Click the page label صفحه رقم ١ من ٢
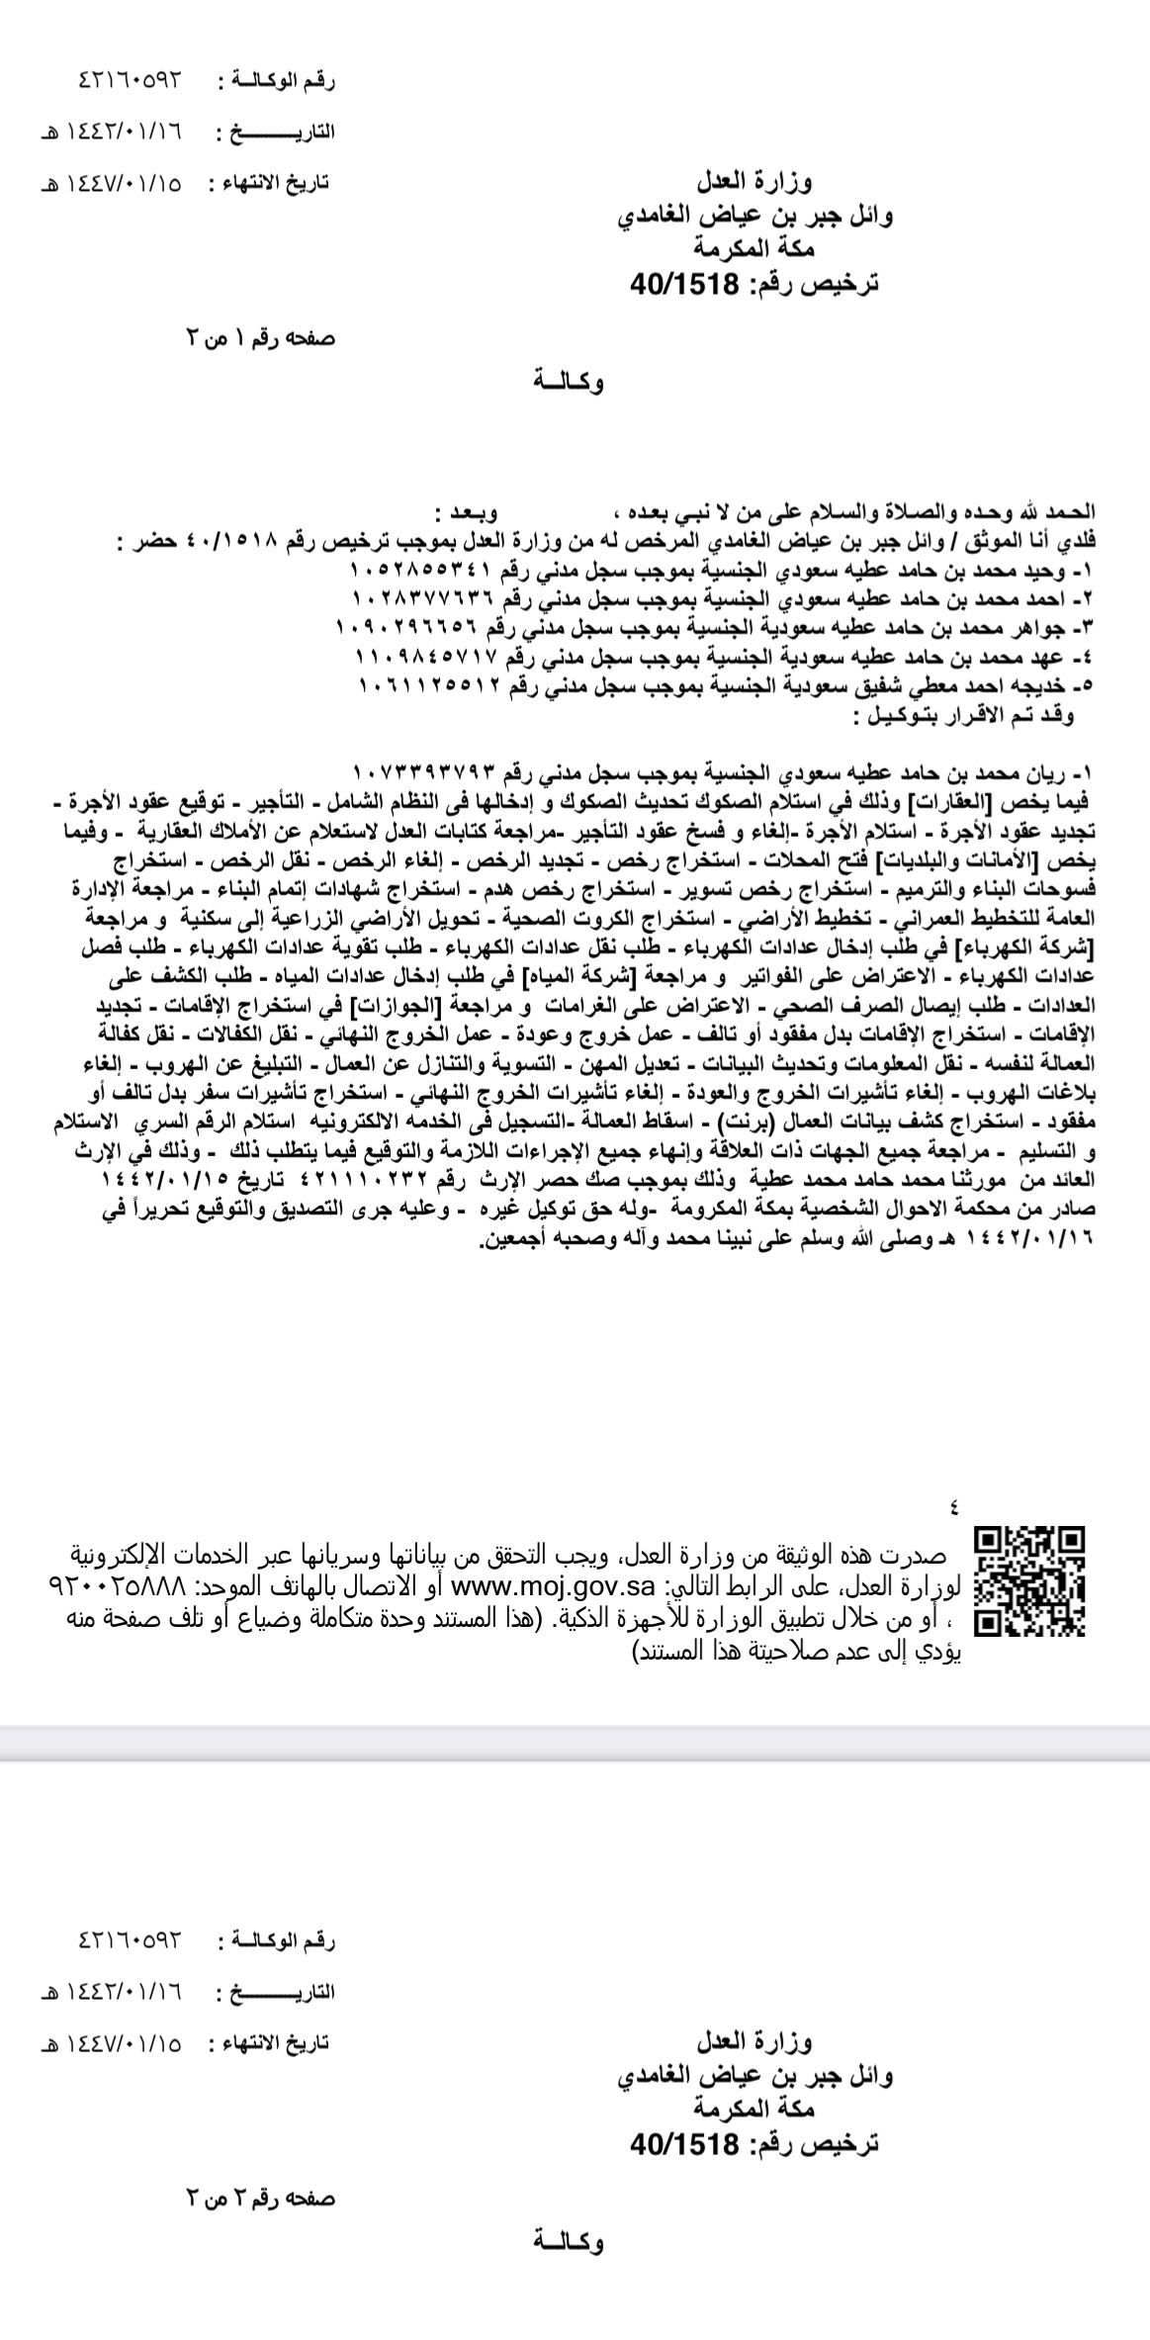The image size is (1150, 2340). click(x=261, y=339)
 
